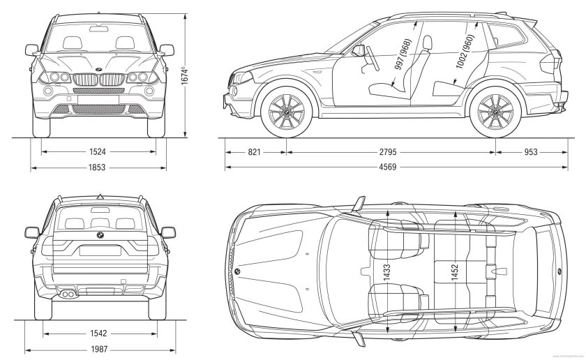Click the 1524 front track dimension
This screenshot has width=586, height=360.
[x=98, y=151]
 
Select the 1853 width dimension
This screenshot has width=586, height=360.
[x=98, y=167]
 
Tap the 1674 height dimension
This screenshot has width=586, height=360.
[x=183, y=75]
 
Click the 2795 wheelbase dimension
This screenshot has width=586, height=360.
[x=391, y=151]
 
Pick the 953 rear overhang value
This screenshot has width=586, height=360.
[x=531, y=151]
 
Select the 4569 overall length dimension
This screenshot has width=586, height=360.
[x=391, y=167]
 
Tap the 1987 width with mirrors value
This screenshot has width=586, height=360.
[x=98, y=350]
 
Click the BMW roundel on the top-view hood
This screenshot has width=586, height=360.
[x=237, y=271]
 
